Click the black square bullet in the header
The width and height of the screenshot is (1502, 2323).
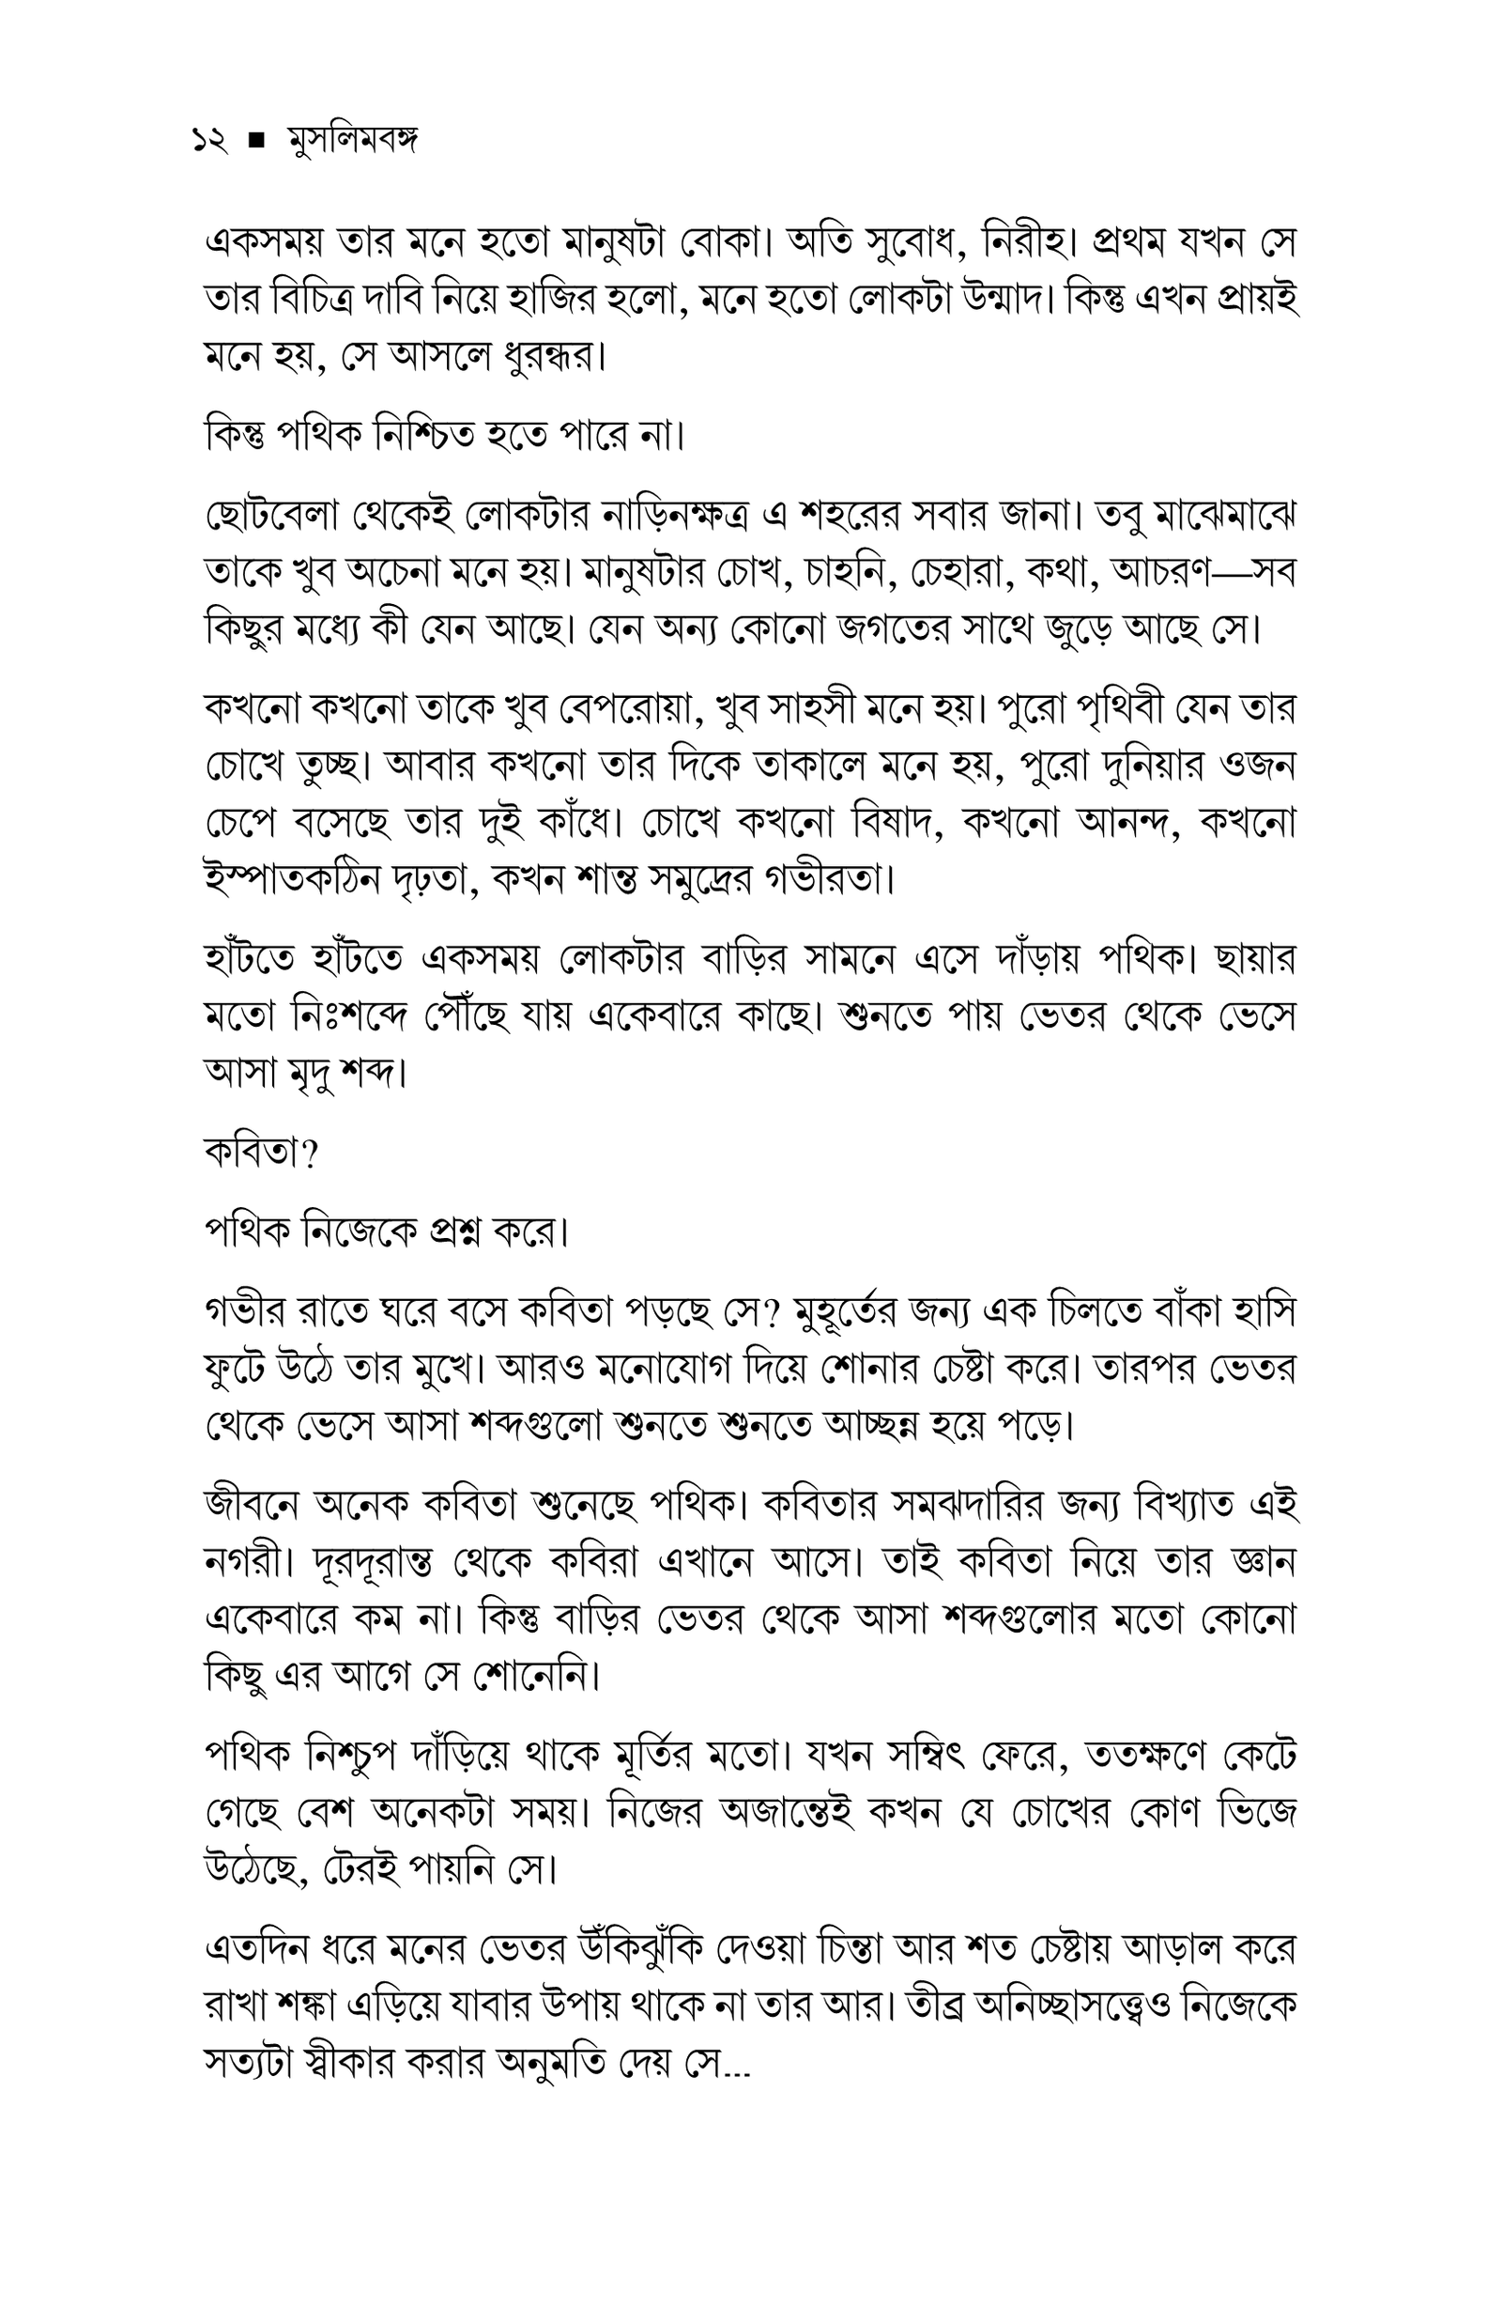[x=257, y=144]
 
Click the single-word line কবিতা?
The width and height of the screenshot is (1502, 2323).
[x=261, y=1154]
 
